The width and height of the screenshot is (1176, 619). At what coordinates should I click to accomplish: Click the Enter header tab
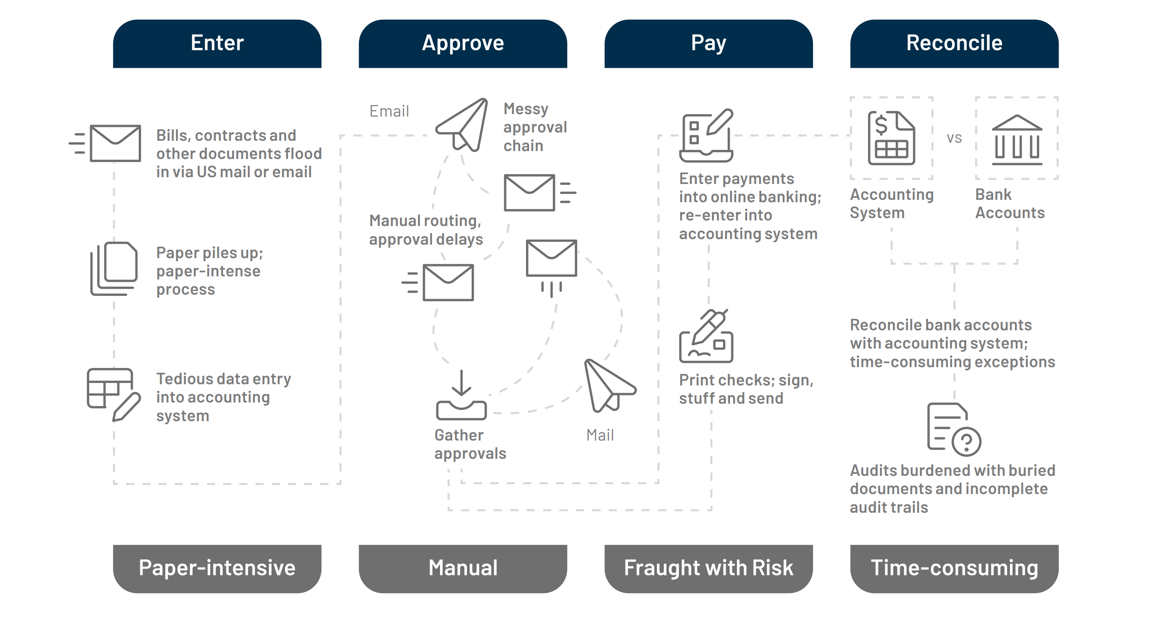pyautogui.click(x=217, y=43)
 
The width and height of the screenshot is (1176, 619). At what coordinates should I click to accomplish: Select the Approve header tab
pyautogui.click(x=463, y=43)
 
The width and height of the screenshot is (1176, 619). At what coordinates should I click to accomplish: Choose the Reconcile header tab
pyautogui.click(x=954, y=43)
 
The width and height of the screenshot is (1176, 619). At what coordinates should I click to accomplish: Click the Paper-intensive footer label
pyautogui.click(x=217, y=568)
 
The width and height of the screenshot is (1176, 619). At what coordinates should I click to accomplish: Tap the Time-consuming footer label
pyautogui.click(x=954, y=568)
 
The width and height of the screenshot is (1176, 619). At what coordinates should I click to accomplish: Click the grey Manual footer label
pyautogui.click(x=463, y=568)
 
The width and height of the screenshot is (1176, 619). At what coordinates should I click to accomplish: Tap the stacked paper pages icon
pyautogui.click(x=114, y=268)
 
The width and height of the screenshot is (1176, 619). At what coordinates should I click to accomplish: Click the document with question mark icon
pyautogui.click(x=954, y=429)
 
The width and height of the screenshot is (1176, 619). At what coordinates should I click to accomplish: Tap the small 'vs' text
pyautogui.click(x=954, y=138)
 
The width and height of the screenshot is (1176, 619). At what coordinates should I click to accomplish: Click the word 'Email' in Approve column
pyautogui.click(x=389, y=111)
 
